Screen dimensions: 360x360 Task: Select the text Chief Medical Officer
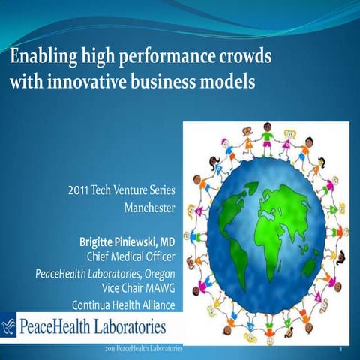point(130,256)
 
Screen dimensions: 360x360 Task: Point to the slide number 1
point(341,350)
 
